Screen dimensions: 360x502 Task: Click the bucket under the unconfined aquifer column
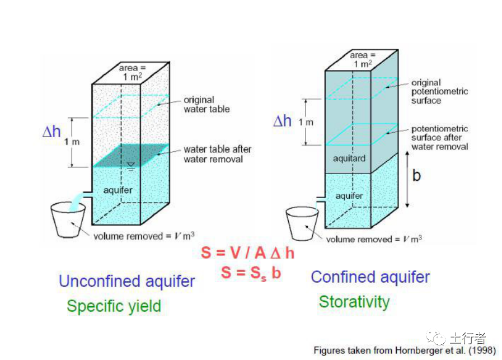[67, 219]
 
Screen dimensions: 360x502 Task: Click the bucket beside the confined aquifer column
[303, 223]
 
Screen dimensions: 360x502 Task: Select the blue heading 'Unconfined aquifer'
[127, 281]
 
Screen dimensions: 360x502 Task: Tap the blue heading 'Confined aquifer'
[370, 277]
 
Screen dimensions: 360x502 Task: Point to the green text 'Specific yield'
[114, 306]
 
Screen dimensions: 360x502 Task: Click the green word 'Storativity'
[354, 302]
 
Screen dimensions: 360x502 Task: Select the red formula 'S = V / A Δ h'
[248, 253]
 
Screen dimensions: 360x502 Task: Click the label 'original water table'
[207, 105]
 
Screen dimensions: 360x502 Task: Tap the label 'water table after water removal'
[217, 154]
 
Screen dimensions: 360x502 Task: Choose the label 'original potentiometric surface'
[439, 91]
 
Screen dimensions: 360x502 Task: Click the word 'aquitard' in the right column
[349, 158]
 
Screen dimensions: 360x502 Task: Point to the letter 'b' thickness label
[416, 175]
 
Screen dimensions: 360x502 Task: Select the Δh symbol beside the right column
[283, 121]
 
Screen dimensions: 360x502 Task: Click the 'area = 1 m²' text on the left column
[132, 72]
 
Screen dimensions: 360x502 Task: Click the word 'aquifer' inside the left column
[118, 190]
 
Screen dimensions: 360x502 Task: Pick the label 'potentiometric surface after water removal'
[440, 138]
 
